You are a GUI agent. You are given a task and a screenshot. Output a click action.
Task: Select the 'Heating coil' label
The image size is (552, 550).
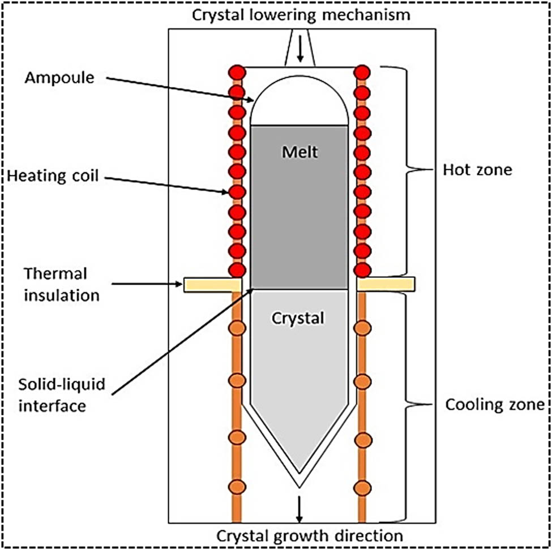pos(53,176)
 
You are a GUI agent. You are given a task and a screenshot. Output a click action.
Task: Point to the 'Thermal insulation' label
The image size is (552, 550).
pos(55,284)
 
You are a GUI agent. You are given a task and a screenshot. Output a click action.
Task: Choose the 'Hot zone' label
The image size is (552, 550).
pos(477,169)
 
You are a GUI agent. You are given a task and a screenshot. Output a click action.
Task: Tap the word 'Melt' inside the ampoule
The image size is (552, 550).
pos(300,152)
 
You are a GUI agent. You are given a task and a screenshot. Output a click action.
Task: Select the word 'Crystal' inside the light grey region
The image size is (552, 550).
pos(298,318)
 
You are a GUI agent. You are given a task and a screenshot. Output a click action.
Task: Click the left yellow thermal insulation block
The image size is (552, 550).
pos(212,284)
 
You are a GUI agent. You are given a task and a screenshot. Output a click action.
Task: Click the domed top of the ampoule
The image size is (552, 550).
pos(299,93)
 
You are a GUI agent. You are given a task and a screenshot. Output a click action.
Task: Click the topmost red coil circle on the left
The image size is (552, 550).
pos(237,72)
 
